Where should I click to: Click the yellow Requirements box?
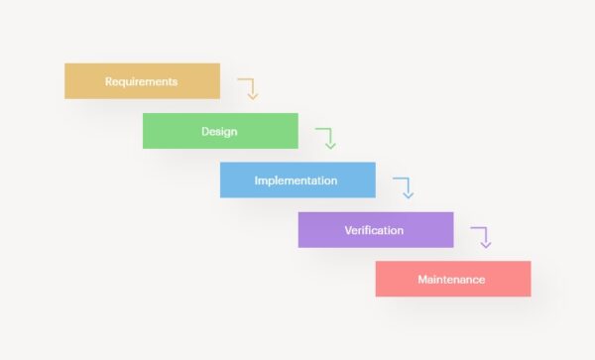[x=142, y=81]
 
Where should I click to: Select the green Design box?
[x=220, y=131]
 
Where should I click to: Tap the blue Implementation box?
[x=297, y=180]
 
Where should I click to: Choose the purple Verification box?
[x=376, y=230]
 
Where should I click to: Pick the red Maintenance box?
[x=453, y=279]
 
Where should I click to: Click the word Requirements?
[x=142, y=81]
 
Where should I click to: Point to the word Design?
[x=220, y=131]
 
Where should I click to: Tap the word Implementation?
[x=296, y=180]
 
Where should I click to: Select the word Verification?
[x=374, y=230]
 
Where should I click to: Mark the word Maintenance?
[x=451, y=279]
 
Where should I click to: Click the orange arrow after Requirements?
[x=250, y=87]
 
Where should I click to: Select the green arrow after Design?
[x=327, y=137]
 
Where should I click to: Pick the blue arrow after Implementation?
[x=405, y=186]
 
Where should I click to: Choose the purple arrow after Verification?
[x=483, y=236]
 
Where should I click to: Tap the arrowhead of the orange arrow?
[x=253, y=96]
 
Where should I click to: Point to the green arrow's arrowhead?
[x=330, y=146]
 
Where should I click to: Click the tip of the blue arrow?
[x=408, y=195]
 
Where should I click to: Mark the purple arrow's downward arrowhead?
[x=486, y=245]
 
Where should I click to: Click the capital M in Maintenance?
[x=422, y=279]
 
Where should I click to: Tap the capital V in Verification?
[x=348, y=230]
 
